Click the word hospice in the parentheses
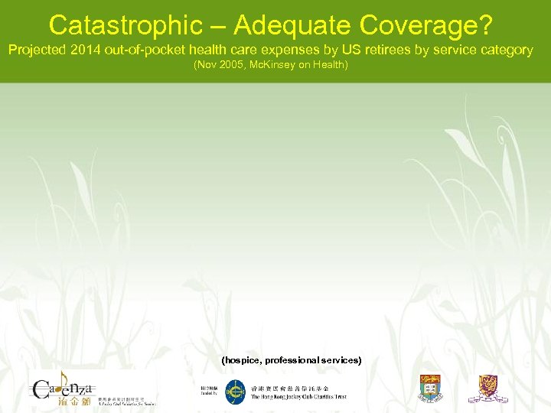click(x=241, y=359)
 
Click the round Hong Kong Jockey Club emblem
click(x=235, y=392)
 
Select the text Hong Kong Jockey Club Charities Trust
click(x=298, y=397)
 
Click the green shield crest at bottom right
click(x=431, y=389)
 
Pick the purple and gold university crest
click(x=488, y=389)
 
